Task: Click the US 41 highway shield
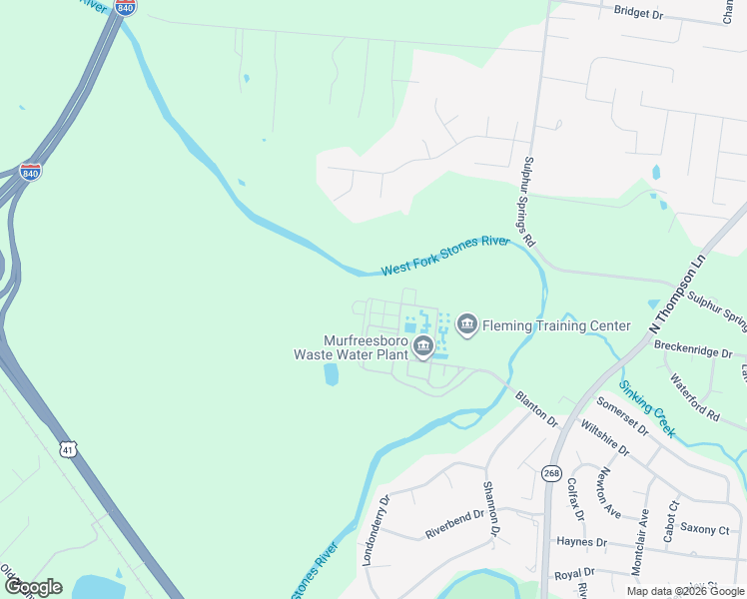pyautogui.click(x=67, y=449)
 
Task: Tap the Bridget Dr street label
pyautogui.click(x=639, y=13)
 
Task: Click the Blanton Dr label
pyautogui.click(x=536, y=409)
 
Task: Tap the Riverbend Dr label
pyautogui.click(x=454, y=525)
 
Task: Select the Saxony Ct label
pyautogui.click(x=705, y=527)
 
